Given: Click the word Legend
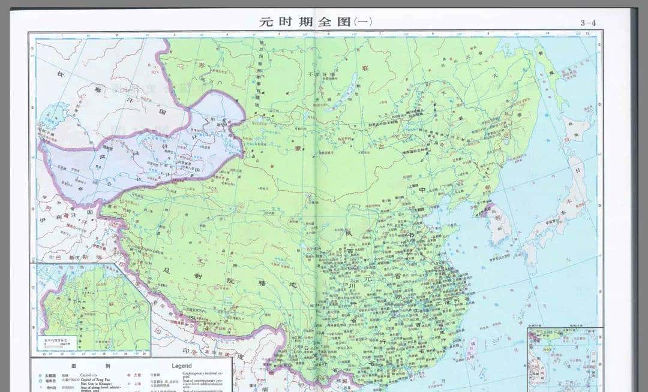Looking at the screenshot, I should pyautogui.click(x=181, y=365).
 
